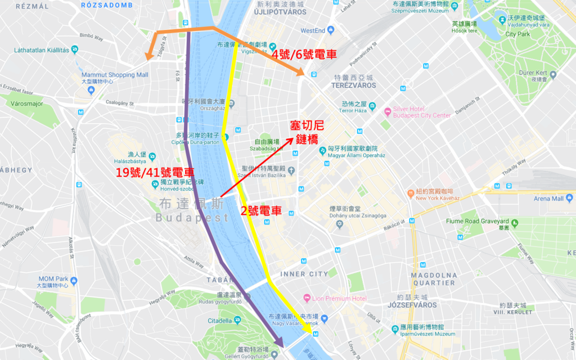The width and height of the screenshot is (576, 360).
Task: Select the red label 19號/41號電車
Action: click(155, 173)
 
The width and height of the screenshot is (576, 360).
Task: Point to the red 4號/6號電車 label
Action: click(304, 55)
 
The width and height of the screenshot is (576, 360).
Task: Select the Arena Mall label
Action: click(549, 199)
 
